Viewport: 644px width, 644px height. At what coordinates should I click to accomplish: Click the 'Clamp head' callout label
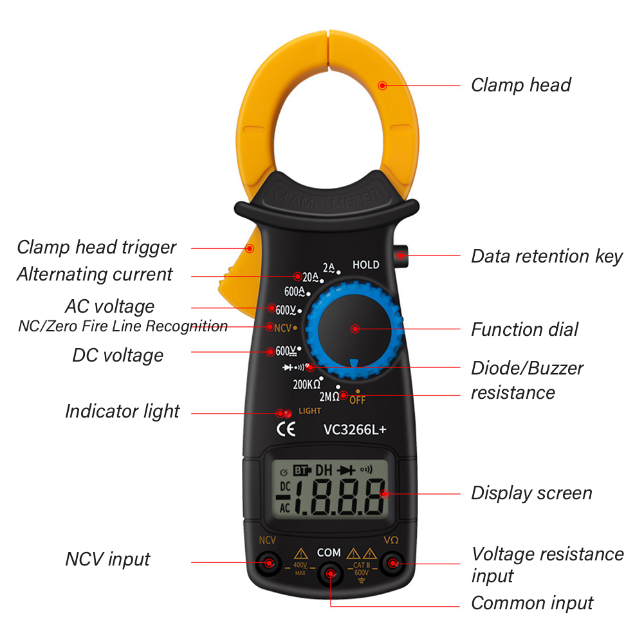pos(520,86)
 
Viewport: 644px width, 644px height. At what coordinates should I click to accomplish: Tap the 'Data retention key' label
pos(547,257)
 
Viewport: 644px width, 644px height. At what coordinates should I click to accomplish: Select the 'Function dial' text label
pos(524,329)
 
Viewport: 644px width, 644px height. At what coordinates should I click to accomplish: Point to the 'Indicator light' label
pos(122,412)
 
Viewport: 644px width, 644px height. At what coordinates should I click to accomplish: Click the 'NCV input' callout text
pos(107,559)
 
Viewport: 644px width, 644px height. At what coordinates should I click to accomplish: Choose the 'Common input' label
pos(532,603)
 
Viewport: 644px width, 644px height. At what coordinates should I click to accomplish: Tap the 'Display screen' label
pos(531,493)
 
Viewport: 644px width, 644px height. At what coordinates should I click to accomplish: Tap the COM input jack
pos(330,574)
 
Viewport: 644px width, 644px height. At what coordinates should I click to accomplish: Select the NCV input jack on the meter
pos(269,563)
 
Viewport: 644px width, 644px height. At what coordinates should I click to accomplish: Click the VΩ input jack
pos(392,563)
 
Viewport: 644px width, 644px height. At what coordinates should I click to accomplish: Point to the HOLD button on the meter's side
pos(401,256)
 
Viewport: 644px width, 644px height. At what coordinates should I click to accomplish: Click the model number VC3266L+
pos(355,430)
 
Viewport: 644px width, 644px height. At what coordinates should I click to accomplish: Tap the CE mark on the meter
pos(286,429)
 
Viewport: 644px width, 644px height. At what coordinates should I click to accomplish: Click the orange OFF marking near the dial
pos(357,400)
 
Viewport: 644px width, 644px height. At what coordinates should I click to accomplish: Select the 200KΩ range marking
pos(306,385)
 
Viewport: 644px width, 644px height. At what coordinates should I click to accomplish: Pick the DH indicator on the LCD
pos(324,470)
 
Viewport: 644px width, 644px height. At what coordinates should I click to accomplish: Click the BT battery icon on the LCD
pos(302,470)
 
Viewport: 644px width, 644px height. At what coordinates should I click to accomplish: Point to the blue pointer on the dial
pos(354,363)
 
